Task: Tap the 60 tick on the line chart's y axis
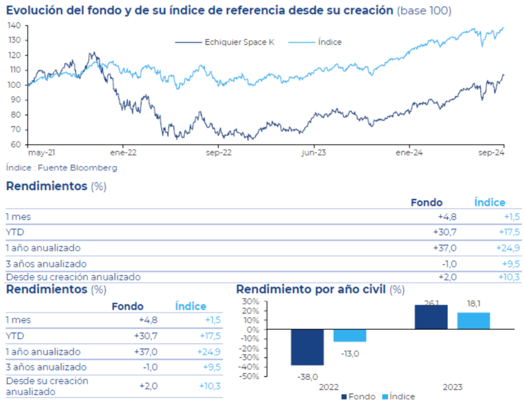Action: coord(16,145)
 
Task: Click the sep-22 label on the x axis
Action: coord(219,152)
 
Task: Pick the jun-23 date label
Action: coord(314,152)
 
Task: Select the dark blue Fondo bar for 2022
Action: coord(308,347)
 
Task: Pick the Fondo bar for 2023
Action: coord(431,317)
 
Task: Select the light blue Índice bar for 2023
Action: coord(473,321)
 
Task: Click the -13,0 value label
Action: coord(350,353)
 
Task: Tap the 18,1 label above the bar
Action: coord(473,304)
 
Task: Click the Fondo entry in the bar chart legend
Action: coord(362,397)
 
